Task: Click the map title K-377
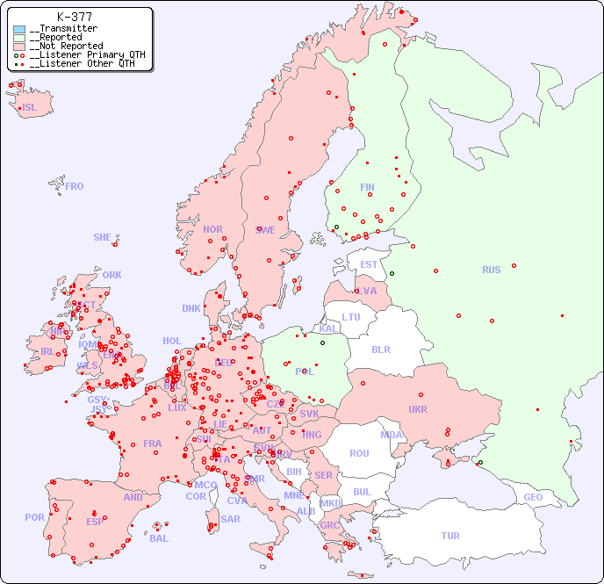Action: tap(74, 17)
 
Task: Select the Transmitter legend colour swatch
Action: tap(19, 29)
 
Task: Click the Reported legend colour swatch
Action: tap(19, 38)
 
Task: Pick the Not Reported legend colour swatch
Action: tap(19, 47)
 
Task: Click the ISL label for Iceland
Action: tap(30, 108)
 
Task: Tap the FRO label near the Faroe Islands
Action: tap(75, 186)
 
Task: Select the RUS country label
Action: tap(491, 270)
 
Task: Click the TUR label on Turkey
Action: tap(450, 536)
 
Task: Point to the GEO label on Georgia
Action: tap(533, 497)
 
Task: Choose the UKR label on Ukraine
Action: tap(418, 409)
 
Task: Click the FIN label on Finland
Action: tap(367, 187)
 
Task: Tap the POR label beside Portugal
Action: tap(34, 517)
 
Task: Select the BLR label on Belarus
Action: tap(380, 349)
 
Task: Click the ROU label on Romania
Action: tap(359, 453)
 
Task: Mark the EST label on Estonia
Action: tap(369, 264)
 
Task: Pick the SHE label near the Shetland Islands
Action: tap(103, 237)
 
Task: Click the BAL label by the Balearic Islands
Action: tap(159, 538)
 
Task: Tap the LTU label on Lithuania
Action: tap(351, 317)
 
